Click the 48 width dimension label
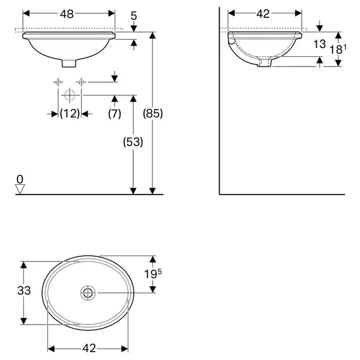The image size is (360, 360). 67,14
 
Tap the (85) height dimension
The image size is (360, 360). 152,113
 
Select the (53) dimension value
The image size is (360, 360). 133,142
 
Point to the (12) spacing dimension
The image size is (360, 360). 70,113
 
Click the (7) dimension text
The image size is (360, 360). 115,113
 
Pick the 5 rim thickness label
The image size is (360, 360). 134,16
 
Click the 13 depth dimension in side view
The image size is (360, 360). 320,44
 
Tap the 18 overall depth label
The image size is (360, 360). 338,49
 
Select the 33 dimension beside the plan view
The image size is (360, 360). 24,290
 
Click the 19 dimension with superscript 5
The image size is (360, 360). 152,274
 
